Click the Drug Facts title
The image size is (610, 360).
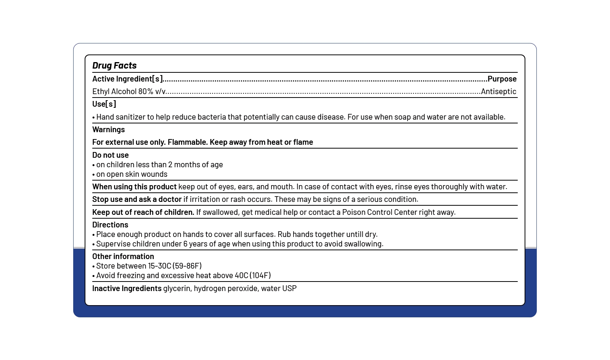114,66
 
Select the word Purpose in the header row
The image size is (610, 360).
502,79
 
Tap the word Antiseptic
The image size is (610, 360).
498,91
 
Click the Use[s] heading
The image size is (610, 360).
104,104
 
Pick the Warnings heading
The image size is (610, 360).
108,130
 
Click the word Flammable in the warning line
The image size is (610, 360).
188,142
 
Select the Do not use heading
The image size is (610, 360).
111,155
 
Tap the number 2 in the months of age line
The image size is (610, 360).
170,165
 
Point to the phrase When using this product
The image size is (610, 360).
134,187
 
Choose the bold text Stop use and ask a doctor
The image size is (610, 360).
137,199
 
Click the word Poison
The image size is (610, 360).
353,212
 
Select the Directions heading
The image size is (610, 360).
110,225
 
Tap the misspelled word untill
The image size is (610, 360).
355,234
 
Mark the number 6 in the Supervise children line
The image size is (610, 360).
185,244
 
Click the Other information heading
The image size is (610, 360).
123,256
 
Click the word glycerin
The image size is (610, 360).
177,288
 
